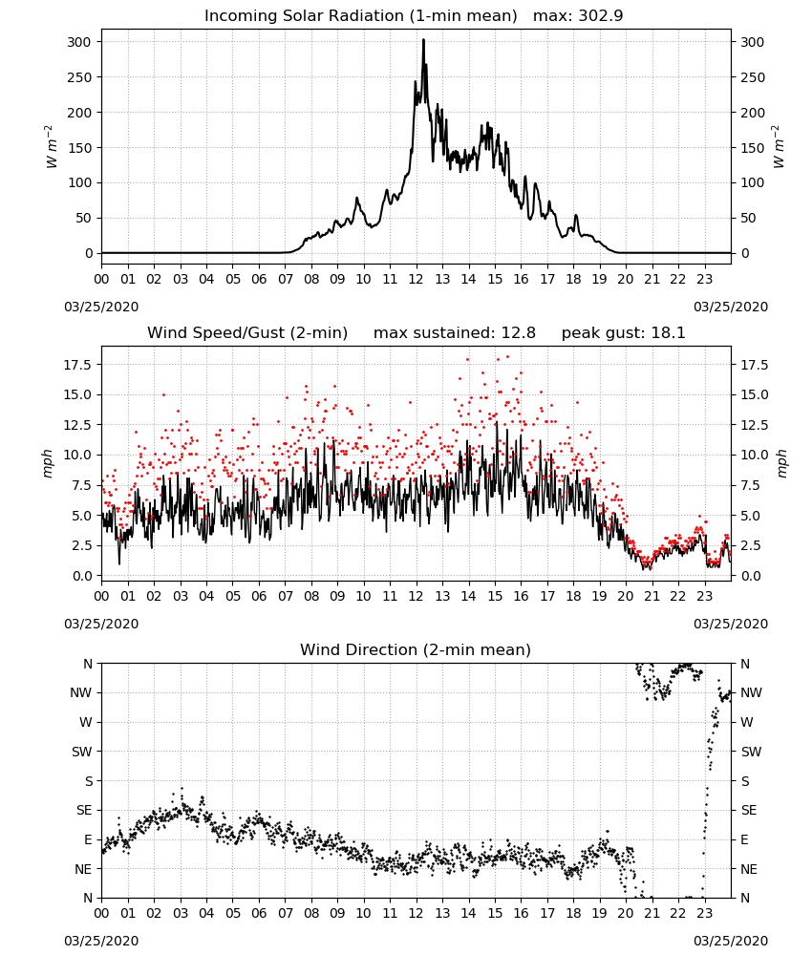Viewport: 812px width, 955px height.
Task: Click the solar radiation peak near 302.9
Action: pyautogui.click(x=423, y=40)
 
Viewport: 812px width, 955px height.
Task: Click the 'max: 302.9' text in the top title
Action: pyautogui.click(x=578, y=15)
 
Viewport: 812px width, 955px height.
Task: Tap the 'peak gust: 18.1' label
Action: pyautogui.click(x=623, y=332)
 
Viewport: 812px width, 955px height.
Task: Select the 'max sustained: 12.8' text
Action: pyautogui.click(x=455, y=332)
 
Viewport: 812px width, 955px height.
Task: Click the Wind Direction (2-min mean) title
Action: pyautogui.click(x=416, y=649)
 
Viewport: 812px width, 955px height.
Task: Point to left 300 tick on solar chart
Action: pyautogui.click(x=80, y=42)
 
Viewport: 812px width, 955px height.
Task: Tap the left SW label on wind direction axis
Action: pyautogui.click(x=82, y=752)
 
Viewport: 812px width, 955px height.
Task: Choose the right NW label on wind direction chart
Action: pyautogui.click(x=751, y=692)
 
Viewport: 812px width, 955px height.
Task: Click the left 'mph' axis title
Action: pyautogui.click(x=48, y=463)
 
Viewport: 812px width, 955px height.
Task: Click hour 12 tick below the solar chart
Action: pyautogui.click(x=417, y=280)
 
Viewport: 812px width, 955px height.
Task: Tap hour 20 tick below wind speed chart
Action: pyautogui.click(x=626, y=596)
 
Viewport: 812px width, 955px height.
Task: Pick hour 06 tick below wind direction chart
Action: pyautogui.click(x=259, y=914)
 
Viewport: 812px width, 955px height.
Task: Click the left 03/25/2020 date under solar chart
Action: pyautogui.click(x=101, y=307)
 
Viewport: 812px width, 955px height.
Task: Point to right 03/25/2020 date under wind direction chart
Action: pyautogui.click(x=731, y=941)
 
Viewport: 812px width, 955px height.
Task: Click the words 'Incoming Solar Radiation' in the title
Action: pyautogui.click(x=304, y=15)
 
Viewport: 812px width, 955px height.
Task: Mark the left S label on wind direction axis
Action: pyautogui.click(x=89, y=781)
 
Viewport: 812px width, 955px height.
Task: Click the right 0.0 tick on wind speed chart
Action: pyautogui.click(x=749, y=576)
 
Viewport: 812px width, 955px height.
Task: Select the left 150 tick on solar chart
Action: pyautogui.click(x=80, y=147)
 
